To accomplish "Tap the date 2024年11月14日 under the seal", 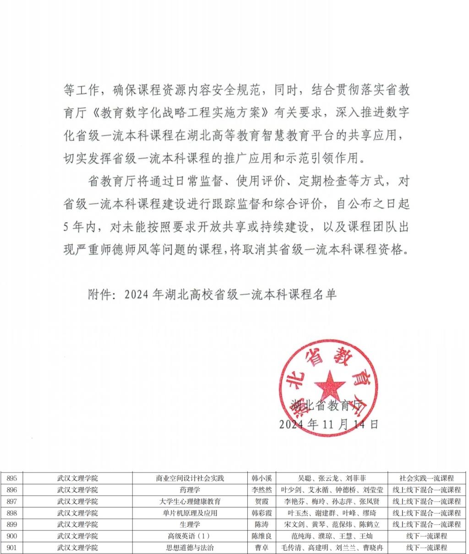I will tap(329, 424).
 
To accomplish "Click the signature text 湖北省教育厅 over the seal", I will tap(327, 404).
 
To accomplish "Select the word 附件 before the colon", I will tap(100, 295).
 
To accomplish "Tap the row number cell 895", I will tap(12, 478).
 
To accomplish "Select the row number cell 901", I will tap(12, 548).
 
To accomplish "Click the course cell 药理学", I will tap(190, 489).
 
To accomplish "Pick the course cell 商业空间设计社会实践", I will tap(190, 478).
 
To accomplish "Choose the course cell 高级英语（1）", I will tap(190, 536).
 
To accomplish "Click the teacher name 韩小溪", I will tap(262, 478).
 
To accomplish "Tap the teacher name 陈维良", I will tap(262, 536).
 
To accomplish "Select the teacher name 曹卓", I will tap(262, 548).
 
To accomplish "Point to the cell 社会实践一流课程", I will tap(426, 478).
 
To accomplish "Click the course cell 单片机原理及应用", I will tap(190, 513).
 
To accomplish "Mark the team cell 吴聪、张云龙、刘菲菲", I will tap(332, 478).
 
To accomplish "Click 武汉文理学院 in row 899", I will tap(77, 524).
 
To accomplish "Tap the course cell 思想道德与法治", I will tap(190, 548).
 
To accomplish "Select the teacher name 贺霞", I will tap(262, 501).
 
